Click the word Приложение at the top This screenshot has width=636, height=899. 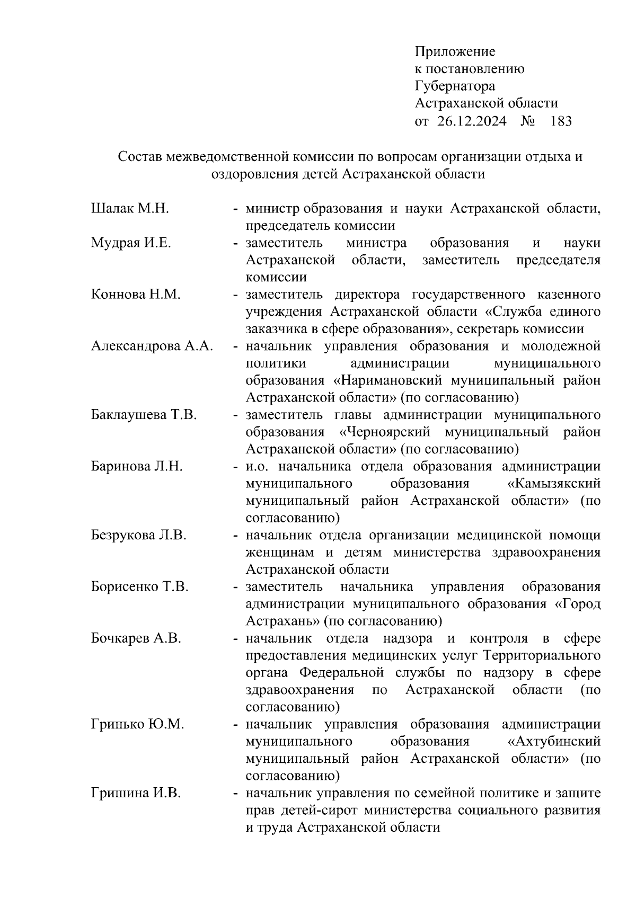tap(455, 52)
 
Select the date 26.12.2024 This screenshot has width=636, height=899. tap(472, 122)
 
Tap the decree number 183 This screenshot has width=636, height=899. tap(561, 122)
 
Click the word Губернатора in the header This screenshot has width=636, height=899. tap(455, 86)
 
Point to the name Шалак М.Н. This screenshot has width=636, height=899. tap(130, 209)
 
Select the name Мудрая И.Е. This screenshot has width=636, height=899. tap(131, 243)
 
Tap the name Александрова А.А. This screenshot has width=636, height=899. tap(152, 346)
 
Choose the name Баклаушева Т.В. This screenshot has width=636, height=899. tap(144, 415)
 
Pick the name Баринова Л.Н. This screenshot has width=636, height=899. tap(137, 467)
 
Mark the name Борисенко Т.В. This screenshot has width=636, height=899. tap(139, 587)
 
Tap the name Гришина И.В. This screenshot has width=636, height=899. tap(136, 794)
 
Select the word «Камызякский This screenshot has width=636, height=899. tap(553, 484)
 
